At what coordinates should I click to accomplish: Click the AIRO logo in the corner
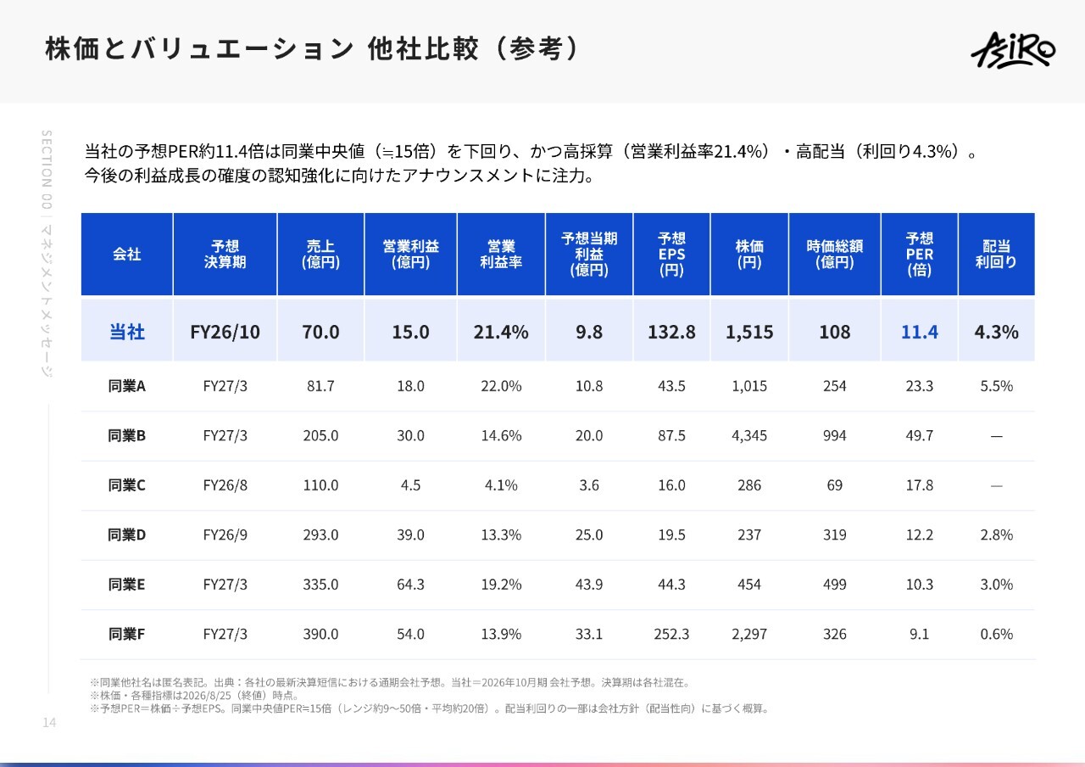(1013, 50)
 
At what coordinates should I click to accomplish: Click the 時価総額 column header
(834, 254)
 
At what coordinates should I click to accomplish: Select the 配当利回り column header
(996, 254)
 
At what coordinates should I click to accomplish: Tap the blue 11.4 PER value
(919, 332)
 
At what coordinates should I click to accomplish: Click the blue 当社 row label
(127, 332)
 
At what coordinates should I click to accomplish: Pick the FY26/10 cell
(225, 332)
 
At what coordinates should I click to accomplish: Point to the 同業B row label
(126, 435)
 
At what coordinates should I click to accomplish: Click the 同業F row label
(126, 634)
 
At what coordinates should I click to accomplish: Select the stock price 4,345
(748, 435)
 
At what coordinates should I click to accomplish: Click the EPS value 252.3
(670, 634)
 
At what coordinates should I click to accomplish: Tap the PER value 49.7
(919, 435)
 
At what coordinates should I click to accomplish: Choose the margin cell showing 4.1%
(501, 484)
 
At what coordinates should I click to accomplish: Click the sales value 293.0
(320, 535)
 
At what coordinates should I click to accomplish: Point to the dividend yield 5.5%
(996, 386)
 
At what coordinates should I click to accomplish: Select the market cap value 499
(834, 585)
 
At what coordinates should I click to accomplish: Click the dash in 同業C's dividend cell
(996, 485)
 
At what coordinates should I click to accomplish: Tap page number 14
(49, 722)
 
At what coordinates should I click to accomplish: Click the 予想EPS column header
(671, 254)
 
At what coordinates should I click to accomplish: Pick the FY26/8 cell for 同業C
(225, 484)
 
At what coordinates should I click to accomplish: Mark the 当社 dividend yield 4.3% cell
(996, 332)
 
